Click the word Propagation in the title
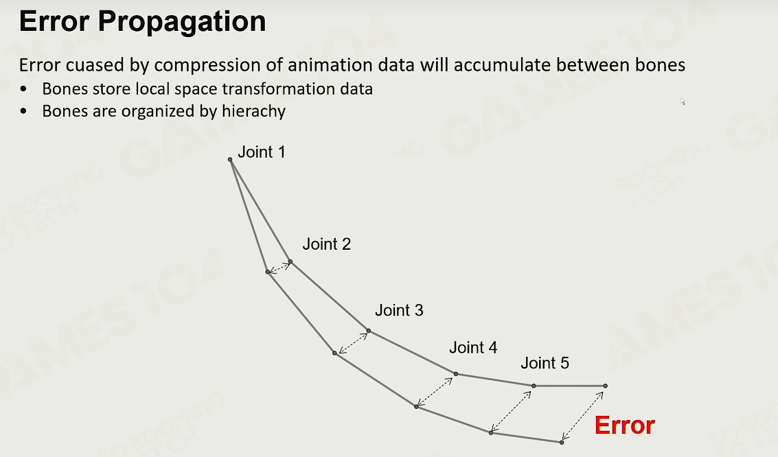(x=181, y=22)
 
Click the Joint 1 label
(x=262, y=152)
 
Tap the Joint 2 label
(x=326, y=244)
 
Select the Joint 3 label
(x=399, y=310)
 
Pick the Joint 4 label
(x=473, y=347)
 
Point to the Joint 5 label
(x=545, y=363)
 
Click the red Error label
(x=625, y=425)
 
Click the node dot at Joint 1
(x=230, y=160)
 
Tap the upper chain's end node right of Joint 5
(x=606, y=386)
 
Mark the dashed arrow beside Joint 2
(x=279, y=267)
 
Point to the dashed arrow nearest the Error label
(x=582, y=416)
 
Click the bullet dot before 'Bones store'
(x=24, y=89)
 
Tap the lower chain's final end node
(x=562, y=442)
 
